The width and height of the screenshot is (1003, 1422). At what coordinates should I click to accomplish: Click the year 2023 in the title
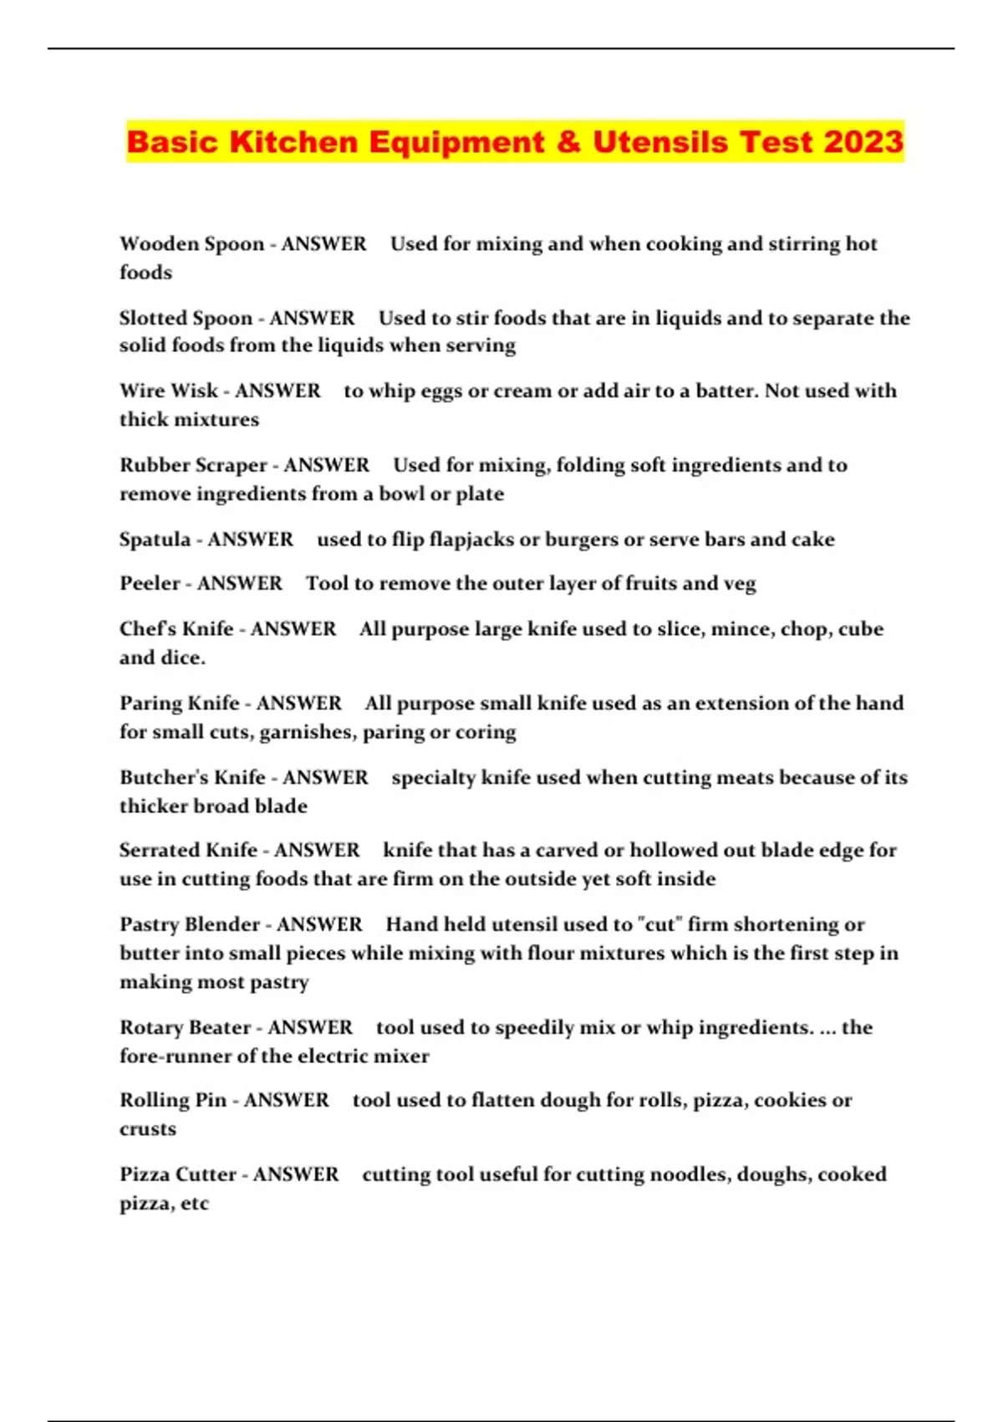863,141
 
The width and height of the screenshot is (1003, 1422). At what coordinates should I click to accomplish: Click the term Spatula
155,540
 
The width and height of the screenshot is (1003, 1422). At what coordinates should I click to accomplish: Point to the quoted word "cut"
659,924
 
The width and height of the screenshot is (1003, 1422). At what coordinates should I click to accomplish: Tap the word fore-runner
173,1056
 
